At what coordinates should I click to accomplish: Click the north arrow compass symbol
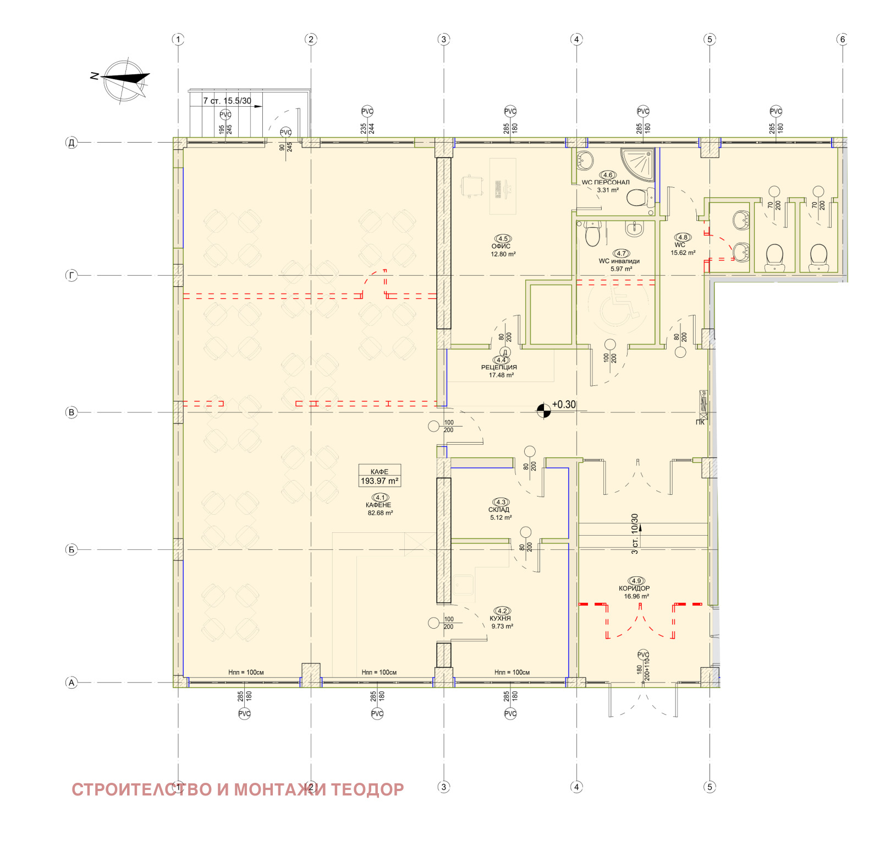[x=126, y=80]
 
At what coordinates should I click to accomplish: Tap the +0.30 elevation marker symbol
[x=543, y=411]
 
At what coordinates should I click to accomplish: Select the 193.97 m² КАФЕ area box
[x=380, y=476]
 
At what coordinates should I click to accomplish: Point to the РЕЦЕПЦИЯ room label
[x=499, y=367]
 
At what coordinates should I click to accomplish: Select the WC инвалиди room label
[x=620, y=261]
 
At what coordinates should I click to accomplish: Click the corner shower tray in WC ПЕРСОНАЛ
[x=638, y=164]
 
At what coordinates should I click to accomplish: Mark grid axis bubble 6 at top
[x=842, y=39]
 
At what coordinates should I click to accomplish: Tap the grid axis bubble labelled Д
[x=71, y=143]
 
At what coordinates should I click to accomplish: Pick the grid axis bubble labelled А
[x=71, y=683]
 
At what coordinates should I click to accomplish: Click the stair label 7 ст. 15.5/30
[x=227, y=101]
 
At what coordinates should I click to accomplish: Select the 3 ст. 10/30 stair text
[x=635, y=533]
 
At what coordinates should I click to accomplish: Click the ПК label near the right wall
[x=700, y=422]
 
